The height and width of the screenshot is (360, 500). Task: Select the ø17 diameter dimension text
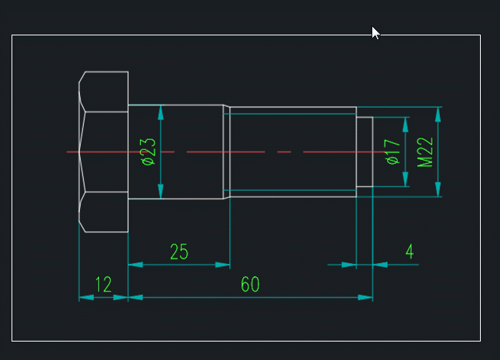tap(392, 152)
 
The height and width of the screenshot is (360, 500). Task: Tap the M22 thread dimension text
tap(425, 152)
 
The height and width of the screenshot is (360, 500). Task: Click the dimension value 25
tap(178, 252)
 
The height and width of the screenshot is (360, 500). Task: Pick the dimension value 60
tap(250, 285)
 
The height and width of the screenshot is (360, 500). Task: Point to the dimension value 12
tap(103, 285)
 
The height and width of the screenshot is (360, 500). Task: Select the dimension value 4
tap(409, 252)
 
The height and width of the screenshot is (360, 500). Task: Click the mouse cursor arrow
tap(375, 32)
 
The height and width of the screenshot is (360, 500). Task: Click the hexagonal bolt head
tap(104, 152)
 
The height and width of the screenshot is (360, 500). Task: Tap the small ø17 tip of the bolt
tap(365, 152)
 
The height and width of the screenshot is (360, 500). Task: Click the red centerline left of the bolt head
tap(72, 152)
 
